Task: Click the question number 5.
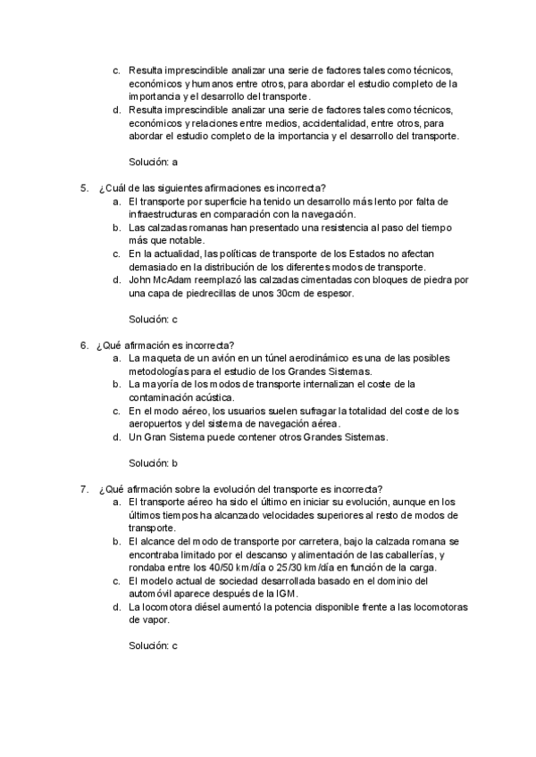83,188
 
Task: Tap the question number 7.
83,488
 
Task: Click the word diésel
207,607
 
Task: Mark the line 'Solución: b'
154,463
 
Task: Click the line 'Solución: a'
154,162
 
